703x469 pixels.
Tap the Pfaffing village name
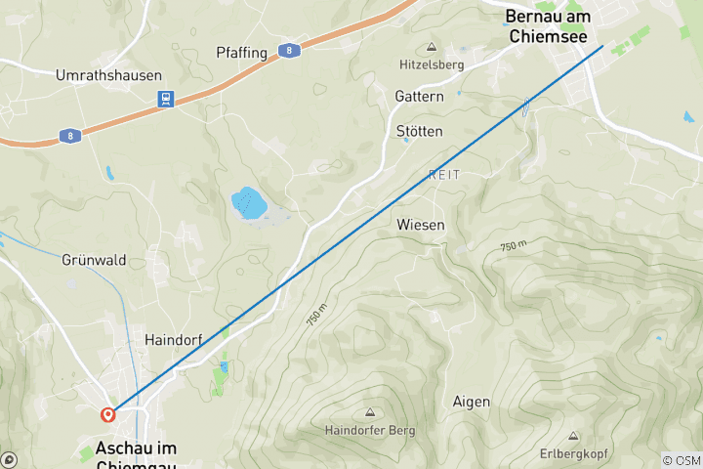click(241, 53)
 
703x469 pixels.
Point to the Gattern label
click(419, 97)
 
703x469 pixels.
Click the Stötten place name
click(419, 131)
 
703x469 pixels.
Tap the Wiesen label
click(421, 225)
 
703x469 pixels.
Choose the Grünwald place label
click(94, 261)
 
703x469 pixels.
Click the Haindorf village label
click(173, 340)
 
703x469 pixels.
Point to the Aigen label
click(472, 402)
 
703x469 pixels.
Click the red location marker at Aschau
click(107, 414)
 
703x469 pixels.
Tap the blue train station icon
click(166, 100)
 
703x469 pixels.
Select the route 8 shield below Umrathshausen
click(70, 136)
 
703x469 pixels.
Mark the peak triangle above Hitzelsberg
click(431, 47)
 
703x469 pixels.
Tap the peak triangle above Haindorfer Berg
click(369, 412)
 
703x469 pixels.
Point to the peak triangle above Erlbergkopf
click(573, 436)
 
